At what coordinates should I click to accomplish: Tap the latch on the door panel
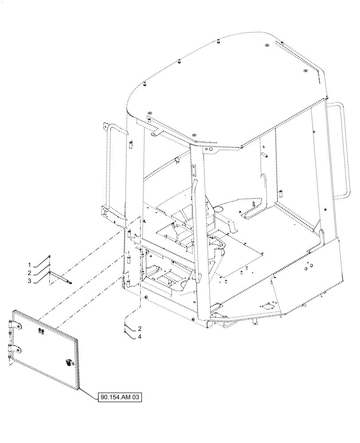point(68,363)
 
